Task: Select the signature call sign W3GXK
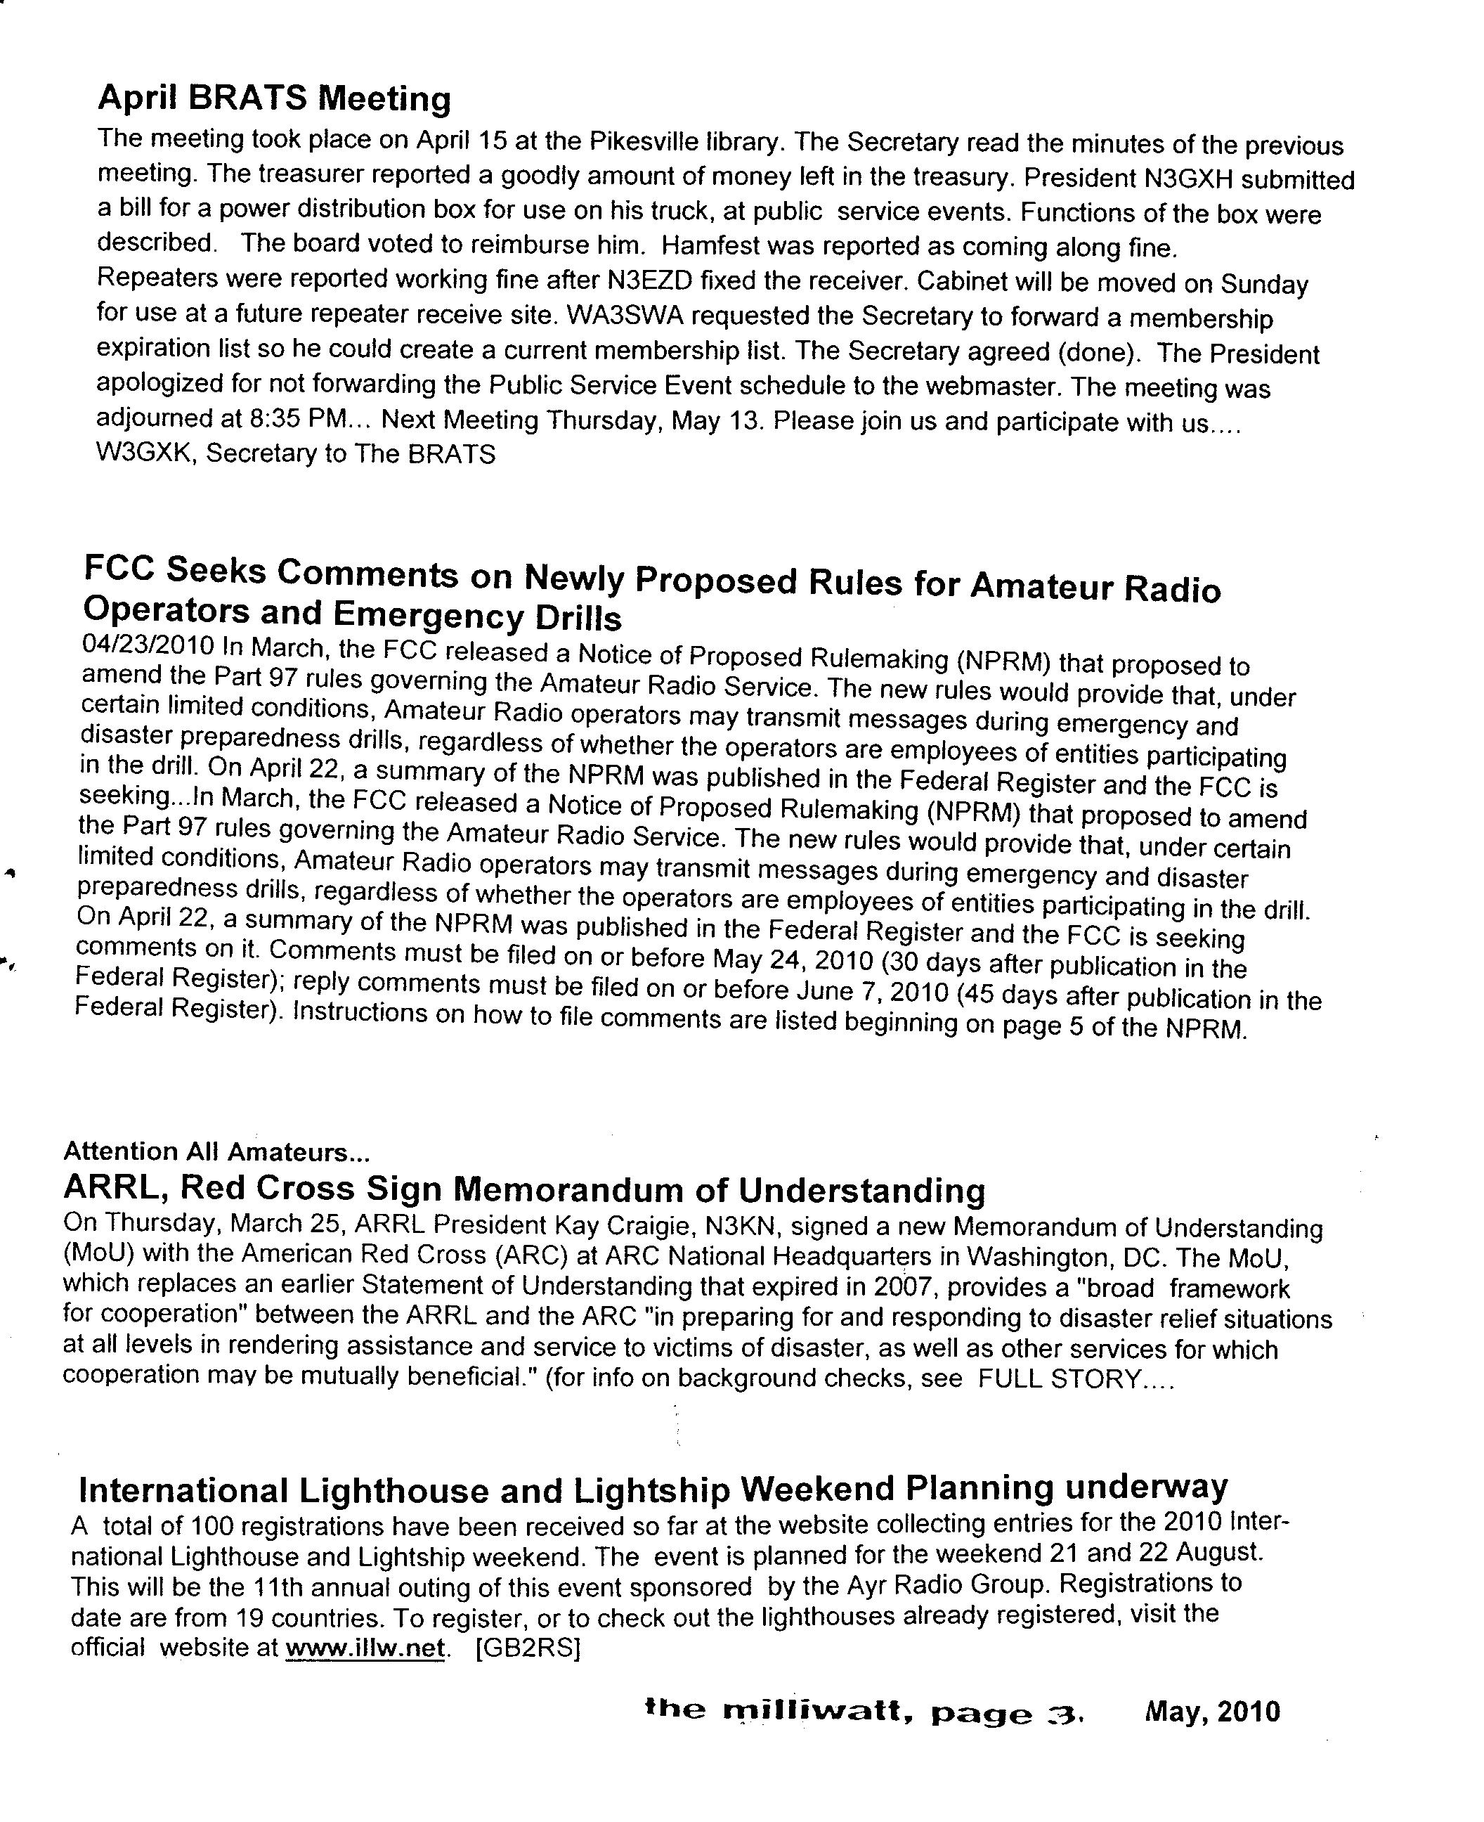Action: (146, 453)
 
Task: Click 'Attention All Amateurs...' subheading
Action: (216, 1151)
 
